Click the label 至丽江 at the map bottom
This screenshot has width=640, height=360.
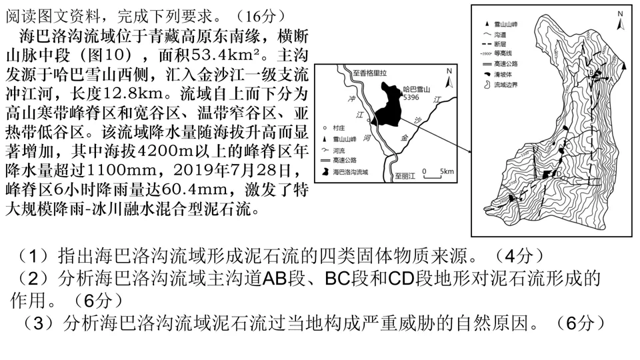(x=404, y=176)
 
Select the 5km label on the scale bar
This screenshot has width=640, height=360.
(x=447, y=171)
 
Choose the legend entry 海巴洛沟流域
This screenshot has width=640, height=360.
(x=354, y=171)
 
